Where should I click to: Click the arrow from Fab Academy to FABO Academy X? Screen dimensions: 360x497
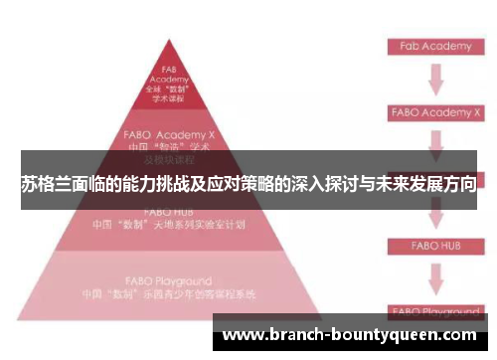coord(434,79)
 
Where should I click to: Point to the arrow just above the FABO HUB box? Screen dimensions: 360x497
coord(434,214)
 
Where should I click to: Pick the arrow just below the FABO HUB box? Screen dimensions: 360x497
coord(434,278)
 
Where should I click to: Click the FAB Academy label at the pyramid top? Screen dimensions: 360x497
coord(168,74)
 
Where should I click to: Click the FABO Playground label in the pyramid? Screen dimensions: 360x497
coord(166,281)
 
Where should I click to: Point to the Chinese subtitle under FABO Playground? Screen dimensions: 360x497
coord(168,295)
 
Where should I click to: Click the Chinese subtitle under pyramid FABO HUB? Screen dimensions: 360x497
coord(168,225)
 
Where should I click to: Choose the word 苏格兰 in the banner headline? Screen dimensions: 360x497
coord(45,185)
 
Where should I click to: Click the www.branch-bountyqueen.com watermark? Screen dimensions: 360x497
coord(353,335)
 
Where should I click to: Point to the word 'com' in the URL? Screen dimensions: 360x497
coord(459,336)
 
